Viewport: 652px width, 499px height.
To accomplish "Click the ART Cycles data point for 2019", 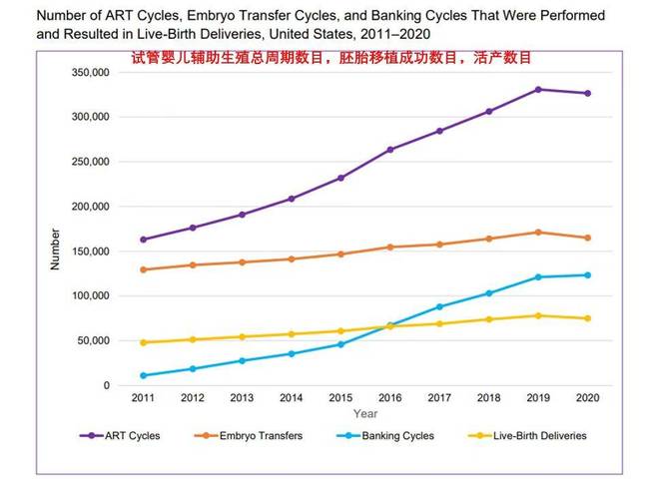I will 537,90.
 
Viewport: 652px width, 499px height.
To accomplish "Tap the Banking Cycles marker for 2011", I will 144,375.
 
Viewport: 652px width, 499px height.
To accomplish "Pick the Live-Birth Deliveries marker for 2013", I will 242,336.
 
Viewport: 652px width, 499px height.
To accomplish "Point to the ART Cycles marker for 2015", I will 340,178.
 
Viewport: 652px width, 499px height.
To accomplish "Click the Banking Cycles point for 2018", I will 488,293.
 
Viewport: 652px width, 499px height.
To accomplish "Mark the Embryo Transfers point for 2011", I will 144,269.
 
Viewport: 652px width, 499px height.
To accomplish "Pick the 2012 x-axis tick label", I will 193,398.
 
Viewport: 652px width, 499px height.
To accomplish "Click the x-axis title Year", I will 364,413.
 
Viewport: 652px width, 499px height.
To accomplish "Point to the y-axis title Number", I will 55,249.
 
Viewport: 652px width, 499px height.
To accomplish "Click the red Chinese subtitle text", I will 331,58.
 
